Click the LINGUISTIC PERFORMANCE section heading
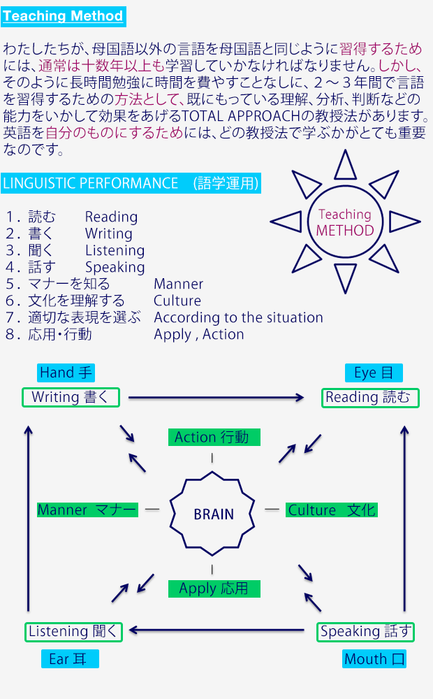(131, 183)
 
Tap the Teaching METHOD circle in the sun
(345, 222)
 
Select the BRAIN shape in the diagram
(214, 514)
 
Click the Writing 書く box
(70, 397)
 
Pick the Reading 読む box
(369, 398)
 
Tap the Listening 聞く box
(74, 631)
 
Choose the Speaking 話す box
(365, 631)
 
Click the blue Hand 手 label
(66, 373)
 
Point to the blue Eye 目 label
(374, 373)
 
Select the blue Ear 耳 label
(70, 658)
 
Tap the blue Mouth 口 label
(375, 658)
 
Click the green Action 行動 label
(214, 438)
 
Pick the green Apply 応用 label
(214, 588)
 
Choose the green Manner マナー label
(87, 510)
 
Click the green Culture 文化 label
(332, 510)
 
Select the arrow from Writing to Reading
(216, 398)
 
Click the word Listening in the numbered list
(115, 250)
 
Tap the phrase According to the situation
(238, 317)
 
